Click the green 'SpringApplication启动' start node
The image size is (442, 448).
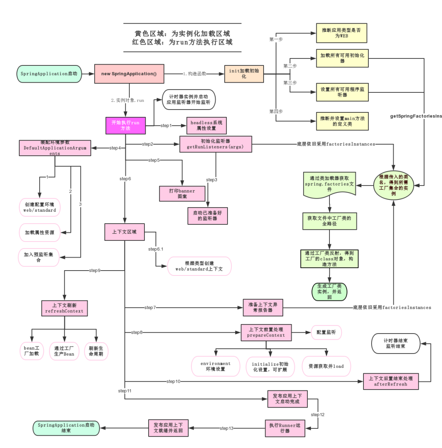coord(49,74)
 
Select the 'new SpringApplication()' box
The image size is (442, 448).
coord(129,74)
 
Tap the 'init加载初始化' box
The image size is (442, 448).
coord(244,74)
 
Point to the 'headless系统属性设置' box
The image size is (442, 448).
coord(206,125)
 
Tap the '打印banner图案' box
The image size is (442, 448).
coord(182,194)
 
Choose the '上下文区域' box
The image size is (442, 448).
coord(124,232)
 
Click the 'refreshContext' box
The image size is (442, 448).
coord(64,308)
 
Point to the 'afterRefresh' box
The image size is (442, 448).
coord(391,381)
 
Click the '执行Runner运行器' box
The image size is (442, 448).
coord(285,428)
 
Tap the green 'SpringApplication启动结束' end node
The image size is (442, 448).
coord(65,428)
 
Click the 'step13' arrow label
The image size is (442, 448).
coord(226,428)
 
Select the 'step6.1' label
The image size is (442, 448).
coord(156,249)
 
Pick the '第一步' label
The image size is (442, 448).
coord(275,39)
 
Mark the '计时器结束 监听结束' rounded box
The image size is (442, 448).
coord(396,343)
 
